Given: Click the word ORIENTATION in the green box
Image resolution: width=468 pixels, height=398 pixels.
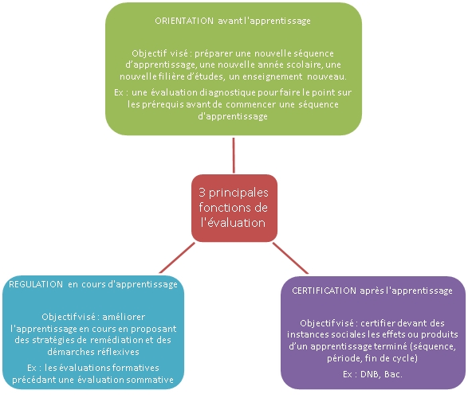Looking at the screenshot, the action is pos(184,21).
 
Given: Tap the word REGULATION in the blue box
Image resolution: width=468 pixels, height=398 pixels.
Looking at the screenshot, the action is pos(36,284).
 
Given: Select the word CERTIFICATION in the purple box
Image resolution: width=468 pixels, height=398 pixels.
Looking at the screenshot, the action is pos(324,291).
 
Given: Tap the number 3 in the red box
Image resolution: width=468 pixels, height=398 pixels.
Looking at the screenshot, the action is pos(202,193).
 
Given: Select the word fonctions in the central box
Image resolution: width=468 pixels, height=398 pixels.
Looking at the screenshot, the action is pos(222,207).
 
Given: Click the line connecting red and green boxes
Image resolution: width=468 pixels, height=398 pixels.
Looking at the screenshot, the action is pos(234,155).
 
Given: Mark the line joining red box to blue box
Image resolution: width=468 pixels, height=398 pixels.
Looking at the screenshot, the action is pos(177,258).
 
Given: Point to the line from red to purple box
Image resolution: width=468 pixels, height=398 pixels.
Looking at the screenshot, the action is pos(290,258).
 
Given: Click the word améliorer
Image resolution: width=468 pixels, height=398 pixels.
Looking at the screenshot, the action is pos(124,317).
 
